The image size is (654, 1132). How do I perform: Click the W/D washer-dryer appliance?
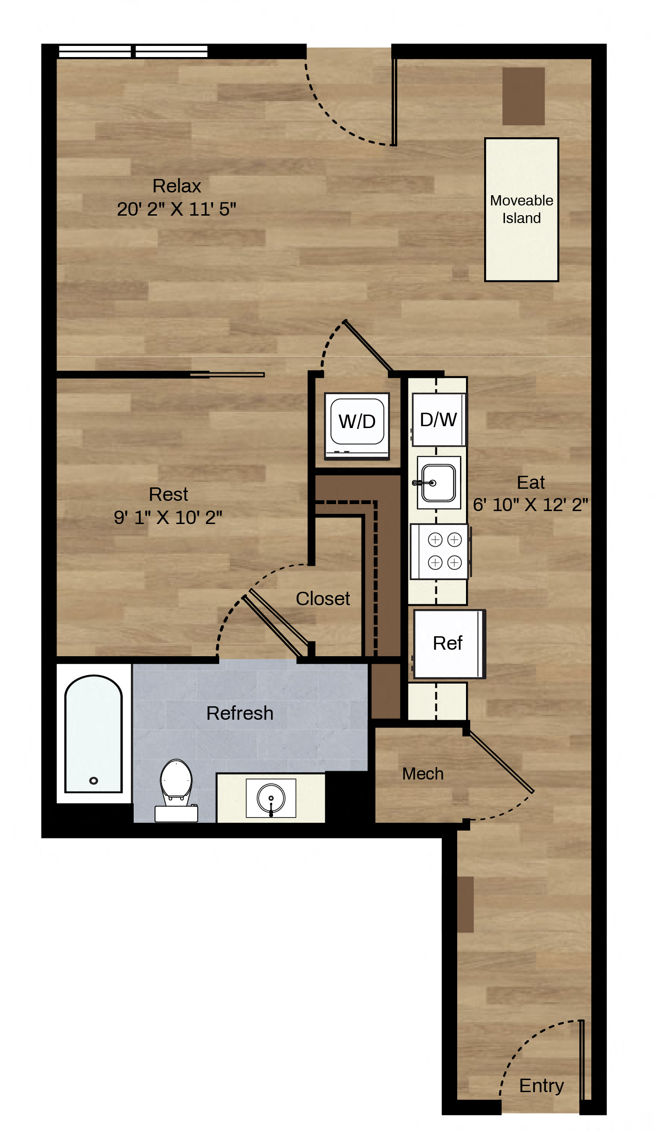click(357, 426)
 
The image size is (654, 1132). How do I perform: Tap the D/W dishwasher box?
click(439, 420)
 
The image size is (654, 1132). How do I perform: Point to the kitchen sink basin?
click(439, 483)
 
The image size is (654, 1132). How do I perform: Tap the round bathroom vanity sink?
click(271, 798)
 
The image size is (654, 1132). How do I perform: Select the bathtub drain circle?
click(94, 780)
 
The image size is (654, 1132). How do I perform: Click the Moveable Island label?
click(522, 209)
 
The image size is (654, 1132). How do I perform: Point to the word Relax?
click(177, 186)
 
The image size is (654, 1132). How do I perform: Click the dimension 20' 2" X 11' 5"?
click(176, 209)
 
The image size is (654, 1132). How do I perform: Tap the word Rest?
click(168, 494)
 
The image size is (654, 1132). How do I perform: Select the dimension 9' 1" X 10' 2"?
click(168, 517)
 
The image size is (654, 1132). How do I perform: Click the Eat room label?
click(531, 482)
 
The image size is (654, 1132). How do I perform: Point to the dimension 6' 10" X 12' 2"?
click(531, 505)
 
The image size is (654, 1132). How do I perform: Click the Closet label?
click(323, 599)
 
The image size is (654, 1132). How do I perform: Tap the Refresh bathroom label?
click(240, 713)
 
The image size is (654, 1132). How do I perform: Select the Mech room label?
click(423, 774)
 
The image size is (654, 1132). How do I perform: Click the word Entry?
click(542, 1086)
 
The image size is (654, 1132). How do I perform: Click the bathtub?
click(93, 734)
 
